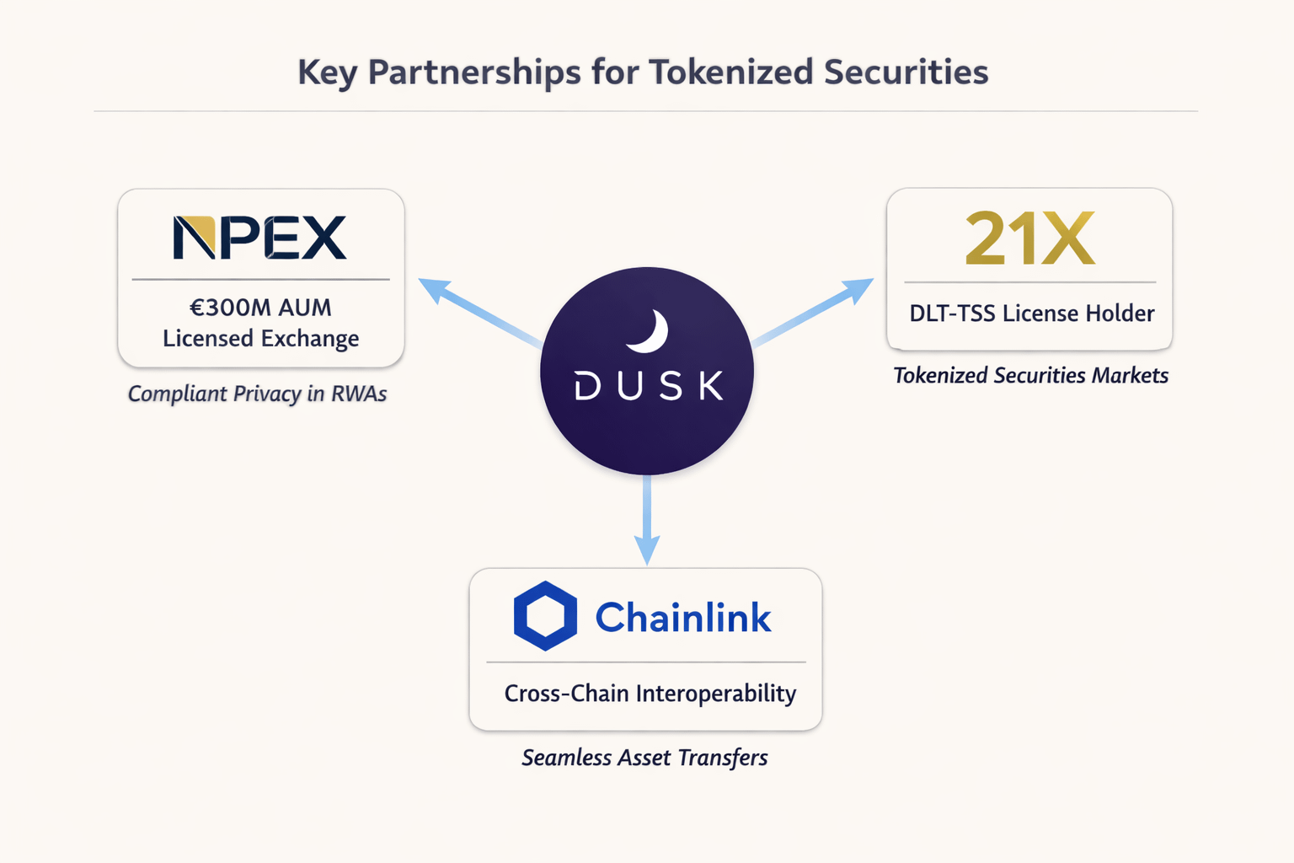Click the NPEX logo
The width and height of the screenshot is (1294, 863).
(x=259, y=238)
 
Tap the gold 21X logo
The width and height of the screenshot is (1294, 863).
(x=1029, y=239)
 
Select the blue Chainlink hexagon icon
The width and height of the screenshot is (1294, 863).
(x=545, y=616)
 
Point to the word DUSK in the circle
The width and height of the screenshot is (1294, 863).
(x=648, y=386)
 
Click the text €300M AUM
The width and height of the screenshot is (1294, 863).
(x=260, y=308)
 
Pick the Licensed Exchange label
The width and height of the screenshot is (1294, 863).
(x=260, y=339)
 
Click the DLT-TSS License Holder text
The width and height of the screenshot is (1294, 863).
(x=1031, y=314)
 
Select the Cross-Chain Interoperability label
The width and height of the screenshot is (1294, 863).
(x=650, y=694)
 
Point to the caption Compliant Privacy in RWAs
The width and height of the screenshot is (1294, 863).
(x=257, y=394)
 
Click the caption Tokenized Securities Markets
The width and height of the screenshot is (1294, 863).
(x=1030, y=375)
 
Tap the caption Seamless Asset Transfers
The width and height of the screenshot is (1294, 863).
(x=644, y=758)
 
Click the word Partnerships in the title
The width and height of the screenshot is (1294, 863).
(x=474, y=72)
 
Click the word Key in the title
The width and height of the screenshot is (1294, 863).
(x=327, y=73)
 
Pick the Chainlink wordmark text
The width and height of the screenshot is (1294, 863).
(x=682, y=618)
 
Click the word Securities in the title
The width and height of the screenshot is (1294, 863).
(x=906, y=72)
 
